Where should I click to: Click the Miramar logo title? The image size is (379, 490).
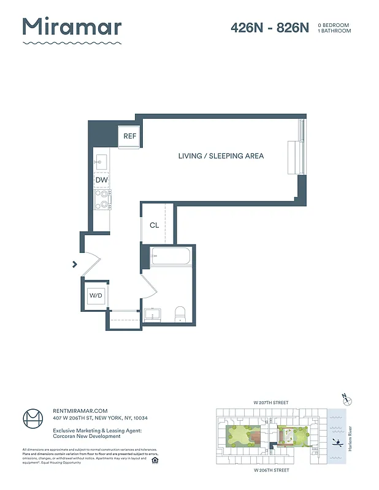pyautogui.click(x=72, y=28)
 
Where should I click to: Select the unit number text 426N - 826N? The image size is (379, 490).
pyautogui.click(x=269, y=28)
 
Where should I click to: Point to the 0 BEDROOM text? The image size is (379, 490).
pyautogui.click(x=334, y=25)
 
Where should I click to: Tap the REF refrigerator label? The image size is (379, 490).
pyautogui.click(x=129, y=136)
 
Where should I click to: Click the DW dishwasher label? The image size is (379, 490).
pyautogui.click(x=102, y=179)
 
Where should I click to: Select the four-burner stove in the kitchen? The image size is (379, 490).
pyautogui.click(x=102, y=199)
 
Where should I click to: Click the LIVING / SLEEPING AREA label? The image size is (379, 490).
pyautogui.click(x=221, y=156)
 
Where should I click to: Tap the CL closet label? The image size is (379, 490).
pyautogui.click(x=155, y=225)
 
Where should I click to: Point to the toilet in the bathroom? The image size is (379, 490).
pyautogui.click(x=180, y=314)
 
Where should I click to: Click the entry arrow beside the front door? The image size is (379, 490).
pyautogui.click(x=75, y=265)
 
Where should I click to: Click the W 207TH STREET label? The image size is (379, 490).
pyautogui.click(x=272, y=402)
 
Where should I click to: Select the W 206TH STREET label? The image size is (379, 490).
pyautogui.click(x=272, y=470)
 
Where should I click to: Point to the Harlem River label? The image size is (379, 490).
pyautogui.click(x=351, y=436)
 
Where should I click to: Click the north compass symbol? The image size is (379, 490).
pyautogui.click(x=348, y=400)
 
